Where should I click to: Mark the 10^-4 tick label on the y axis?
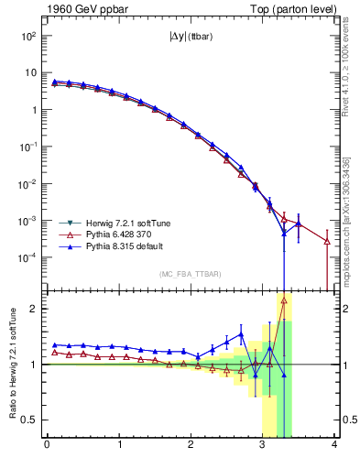coord(28,257)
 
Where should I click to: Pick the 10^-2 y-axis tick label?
coord(28,183)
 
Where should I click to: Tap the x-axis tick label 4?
coord(335,446)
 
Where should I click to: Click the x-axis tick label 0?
coord(47,446)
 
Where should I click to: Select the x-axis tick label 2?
coord(191,446)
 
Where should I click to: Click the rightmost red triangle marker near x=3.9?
coord(327,241)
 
